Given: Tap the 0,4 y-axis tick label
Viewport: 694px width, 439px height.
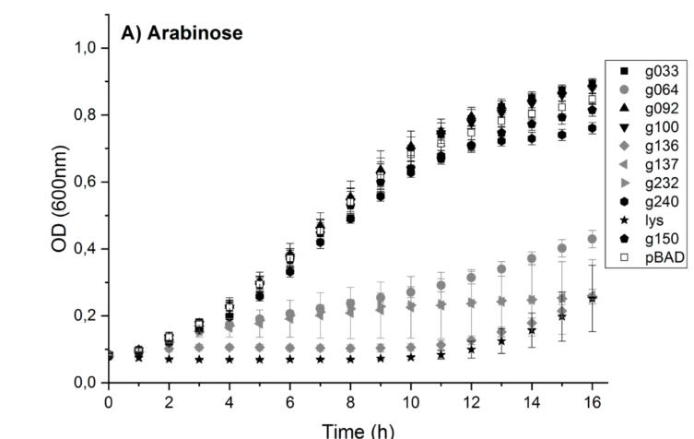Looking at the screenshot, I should point(88,249).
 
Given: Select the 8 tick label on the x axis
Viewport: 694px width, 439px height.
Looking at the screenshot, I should point(350,401).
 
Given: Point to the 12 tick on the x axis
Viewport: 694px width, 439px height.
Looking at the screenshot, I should point(471,401).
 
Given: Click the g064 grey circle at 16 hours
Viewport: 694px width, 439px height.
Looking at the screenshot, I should point(592,239).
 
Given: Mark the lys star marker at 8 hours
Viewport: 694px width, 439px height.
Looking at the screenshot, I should point(350,359).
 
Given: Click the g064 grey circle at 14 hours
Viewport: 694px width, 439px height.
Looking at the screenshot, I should point(532,259).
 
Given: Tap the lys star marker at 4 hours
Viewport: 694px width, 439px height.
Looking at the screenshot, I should point(229,359).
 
